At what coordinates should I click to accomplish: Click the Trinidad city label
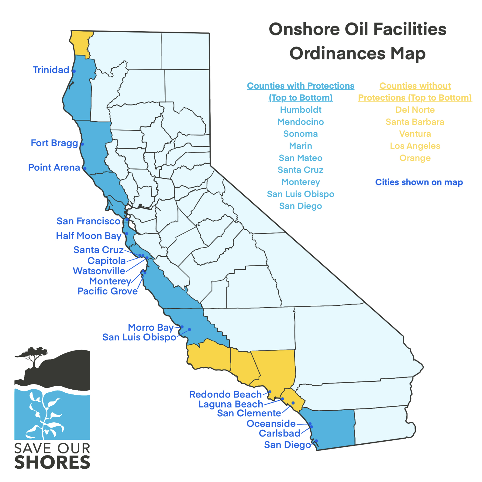pyautogui.click(x=51, y=70)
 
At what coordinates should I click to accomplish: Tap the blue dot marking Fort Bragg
pyautogui.click(x=82, y=144)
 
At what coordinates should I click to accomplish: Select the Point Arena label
pyautogui.click(x=54, y=167)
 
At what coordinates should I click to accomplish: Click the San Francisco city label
pyautogui.click(x=88, y=221)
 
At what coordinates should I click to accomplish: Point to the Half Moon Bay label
pyautogui.click(x=89, y=236)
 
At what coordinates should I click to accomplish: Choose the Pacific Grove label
pyautogui.click(x=108, y=291)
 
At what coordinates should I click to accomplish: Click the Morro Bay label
pyautogui.click(x=150, y=327)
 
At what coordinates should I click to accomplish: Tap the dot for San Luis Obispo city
pyautogui.click(x=189, y=329)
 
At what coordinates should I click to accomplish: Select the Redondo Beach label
pyautogui.click(x=225, y=394)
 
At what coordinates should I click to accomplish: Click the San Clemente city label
pyautogui.click(x=249, y=413)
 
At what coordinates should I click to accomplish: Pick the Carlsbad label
pyautogui.click(x=280, y=433)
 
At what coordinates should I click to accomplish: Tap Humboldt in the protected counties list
pyautogui.click(x=301, y=110)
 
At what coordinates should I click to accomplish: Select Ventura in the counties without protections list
pyautogui.click(x=415, y=134)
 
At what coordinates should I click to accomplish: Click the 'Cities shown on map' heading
pyautogui.click(x=419, y=182)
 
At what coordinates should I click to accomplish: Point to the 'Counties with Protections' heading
pyautogui.click(x=301, y=86)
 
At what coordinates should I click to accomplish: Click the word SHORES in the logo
pyautogui.click(x=52, y=463)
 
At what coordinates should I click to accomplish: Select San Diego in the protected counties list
pyautogui.click(x=301, y=206)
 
